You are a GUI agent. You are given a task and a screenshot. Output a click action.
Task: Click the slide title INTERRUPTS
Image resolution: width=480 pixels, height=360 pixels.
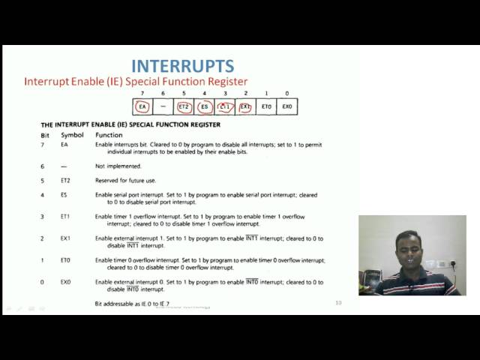(x=182, y=66)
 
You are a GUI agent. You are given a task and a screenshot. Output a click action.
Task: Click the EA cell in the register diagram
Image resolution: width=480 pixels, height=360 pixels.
(x=143, y=107)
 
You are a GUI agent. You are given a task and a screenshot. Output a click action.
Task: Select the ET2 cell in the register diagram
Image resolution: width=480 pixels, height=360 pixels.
(x=184, y=107)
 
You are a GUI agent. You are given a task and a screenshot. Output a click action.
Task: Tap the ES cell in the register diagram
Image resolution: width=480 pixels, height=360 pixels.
(x=204, y=107)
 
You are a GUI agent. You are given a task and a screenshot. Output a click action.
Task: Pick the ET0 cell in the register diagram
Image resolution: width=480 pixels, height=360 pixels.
(x=265, y=107)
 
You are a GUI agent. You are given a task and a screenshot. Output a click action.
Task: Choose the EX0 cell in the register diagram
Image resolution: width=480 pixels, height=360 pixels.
(x=286, y=107)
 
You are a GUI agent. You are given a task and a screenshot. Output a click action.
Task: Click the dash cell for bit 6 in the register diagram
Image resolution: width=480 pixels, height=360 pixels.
(x=163, y=107)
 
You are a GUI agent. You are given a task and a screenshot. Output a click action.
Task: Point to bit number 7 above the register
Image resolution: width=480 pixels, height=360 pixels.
(x=143, y=93)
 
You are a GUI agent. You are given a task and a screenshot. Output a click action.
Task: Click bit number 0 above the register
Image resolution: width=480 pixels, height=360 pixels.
(x=286, y=93)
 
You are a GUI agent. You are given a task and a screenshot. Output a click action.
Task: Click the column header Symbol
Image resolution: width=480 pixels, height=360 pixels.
(x=72, y=134)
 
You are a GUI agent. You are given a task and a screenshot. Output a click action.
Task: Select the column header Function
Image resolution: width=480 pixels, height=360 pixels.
(x=109, y=134)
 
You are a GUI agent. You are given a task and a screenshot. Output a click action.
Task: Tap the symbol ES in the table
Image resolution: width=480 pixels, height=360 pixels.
(x=64, y=195)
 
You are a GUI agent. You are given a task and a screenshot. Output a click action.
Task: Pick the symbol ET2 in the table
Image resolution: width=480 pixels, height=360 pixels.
(x=66, y=181)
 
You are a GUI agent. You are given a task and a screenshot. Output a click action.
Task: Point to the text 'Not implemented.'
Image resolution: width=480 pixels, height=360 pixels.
(x=118, y=166)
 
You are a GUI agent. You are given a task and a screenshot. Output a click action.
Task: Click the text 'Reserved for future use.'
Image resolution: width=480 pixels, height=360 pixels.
(x=127, y=181)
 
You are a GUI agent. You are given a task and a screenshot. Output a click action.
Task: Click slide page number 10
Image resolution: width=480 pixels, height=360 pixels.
(x=338, y=302)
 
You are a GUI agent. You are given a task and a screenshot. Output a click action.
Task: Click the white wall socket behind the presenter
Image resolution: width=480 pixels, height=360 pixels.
(x=441, y=263)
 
